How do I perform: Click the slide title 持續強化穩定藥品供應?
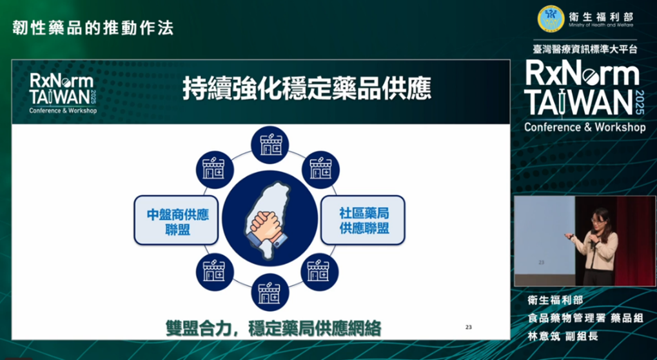click(307, 88)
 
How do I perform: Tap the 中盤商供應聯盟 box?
click(176, 220)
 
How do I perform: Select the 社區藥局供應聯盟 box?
click(363, 220)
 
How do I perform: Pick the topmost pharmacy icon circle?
click(270, 145)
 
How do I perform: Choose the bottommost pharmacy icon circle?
click(270, 292)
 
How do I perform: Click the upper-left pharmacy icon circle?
click(215, 170)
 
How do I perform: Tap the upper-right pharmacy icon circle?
click(320, 170)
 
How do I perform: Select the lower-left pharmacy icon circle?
click(215, 272)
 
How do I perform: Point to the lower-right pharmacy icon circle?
click(320, 272)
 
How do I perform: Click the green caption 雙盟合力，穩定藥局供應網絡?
click(273, 328)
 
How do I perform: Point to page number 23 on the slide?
click(469, 327)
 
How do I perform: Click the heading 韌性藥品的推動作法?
click(93, 28)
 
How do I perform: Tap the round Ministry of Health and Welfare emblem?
click(551, 19)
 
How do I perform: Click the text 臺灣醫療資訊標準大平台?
click(585, 50)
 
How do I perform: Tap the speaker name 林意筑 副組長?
click(563, 336)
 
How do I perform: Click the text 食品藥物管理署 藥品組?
click(585, 318)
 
